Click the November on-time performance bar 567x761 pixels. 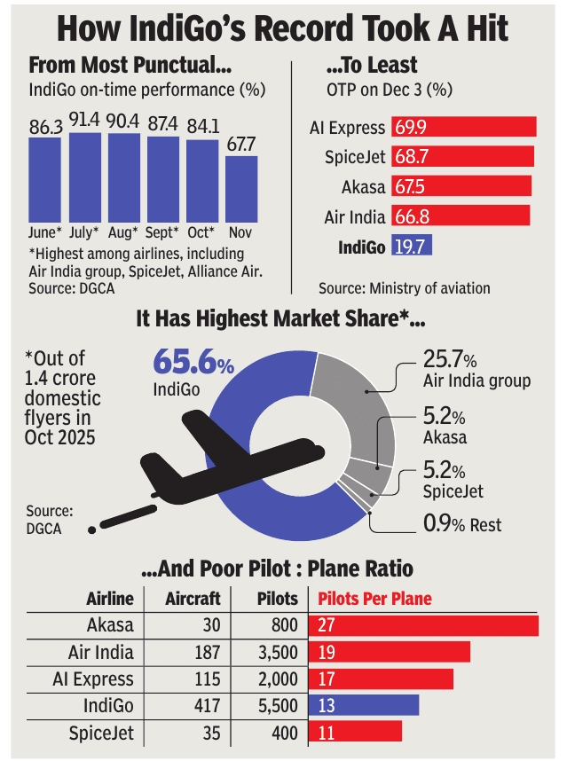click(x=241, y=188)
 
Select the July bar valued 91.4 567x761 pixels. click(x=84, y=177)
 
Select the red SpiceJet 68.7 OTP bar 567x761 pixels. click(x=462, y=157)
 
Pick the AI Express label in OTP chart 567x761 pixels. click(x=347, y=128)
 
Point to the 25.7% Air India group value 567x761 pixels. click(x=448, y=361)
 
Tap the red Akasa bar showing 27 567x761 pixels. click(x=423, y=624)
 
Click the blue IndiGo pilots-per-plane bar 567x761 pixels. click(x=363, y=706)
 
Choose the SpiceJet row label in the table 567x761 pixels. click(x=101, y=734)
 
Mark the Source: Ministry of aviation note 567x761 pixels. click(x=404, y=287)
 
